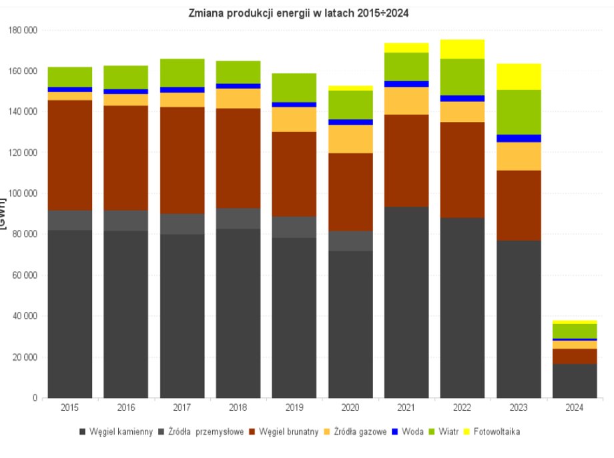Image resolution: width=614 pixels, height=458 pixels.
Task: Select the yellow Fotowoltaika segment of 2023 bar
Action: pos(519,76)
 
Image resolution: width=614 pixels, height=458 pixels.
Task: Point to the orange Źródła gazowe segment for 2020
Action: pos(350,139)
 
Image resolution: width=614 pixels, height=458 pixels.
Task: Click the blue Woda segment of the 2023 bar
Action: pos(519,138)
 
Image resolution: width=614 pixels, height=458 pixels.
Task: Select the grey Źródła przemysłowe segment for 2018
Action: pos(238,218)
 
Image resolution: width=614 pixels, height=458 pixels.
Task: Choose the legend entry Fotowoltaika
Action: pos(497,431)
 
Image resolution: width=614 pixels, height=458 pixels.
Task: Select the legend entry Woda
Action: pos(413,431)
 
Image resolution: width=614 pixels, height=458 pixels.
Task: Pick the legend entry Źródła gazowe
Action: pos(360,431)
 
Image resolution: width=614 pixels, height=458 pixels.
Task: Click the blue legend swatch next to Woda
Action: pos(396,431)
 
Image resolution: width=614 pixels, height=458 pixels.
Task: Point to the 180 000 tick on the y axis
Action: pos(21,30)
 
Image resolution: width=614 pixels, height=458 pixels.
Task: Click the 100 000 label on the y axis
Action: pos(21,193)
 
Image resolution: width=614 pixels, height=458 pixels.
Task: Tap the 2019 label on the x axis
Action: pos(294,407)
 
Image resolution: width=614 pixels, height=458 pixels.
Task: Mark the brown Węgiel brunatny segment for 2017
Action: pos(182,160)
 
